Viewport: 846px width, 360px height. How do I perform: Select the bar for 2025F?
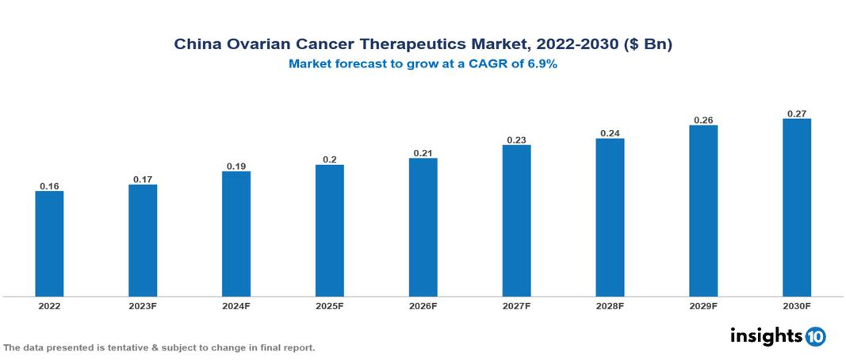(329, 231)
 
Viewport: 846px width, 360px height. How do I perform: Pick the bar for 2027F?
(516, 220)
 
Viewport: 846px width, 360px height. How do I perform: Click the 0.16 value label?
(49, 186)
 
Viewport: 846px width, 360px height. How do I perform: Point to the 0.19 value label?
(236, 167)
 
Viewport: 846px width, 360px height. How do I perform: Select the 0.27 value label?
(797, 114)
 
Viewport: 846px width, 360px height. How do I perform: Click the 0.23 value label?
(516, 140)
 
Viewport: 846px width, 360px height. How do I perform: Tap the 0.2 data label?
(329, 160)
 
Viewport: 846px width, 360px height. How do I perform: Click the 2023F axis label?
(143, 305)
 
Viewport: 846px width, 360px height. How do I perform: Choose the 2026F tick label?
(423, 305)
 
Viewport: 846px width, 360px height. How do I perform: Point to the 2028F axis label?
(610, 305)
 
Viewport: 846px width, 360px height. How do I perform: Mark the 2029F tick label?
(703, 305)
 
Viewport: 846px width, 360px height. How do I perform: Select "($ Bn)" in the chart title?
(647, 45)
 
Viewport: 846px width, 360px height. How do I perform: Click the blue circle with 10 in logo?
(815, 336)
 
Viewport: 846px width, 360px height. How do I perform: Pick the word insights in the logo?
(766, 335)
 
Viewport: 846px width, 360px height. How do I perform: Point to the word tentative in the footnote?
(117, 348)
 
